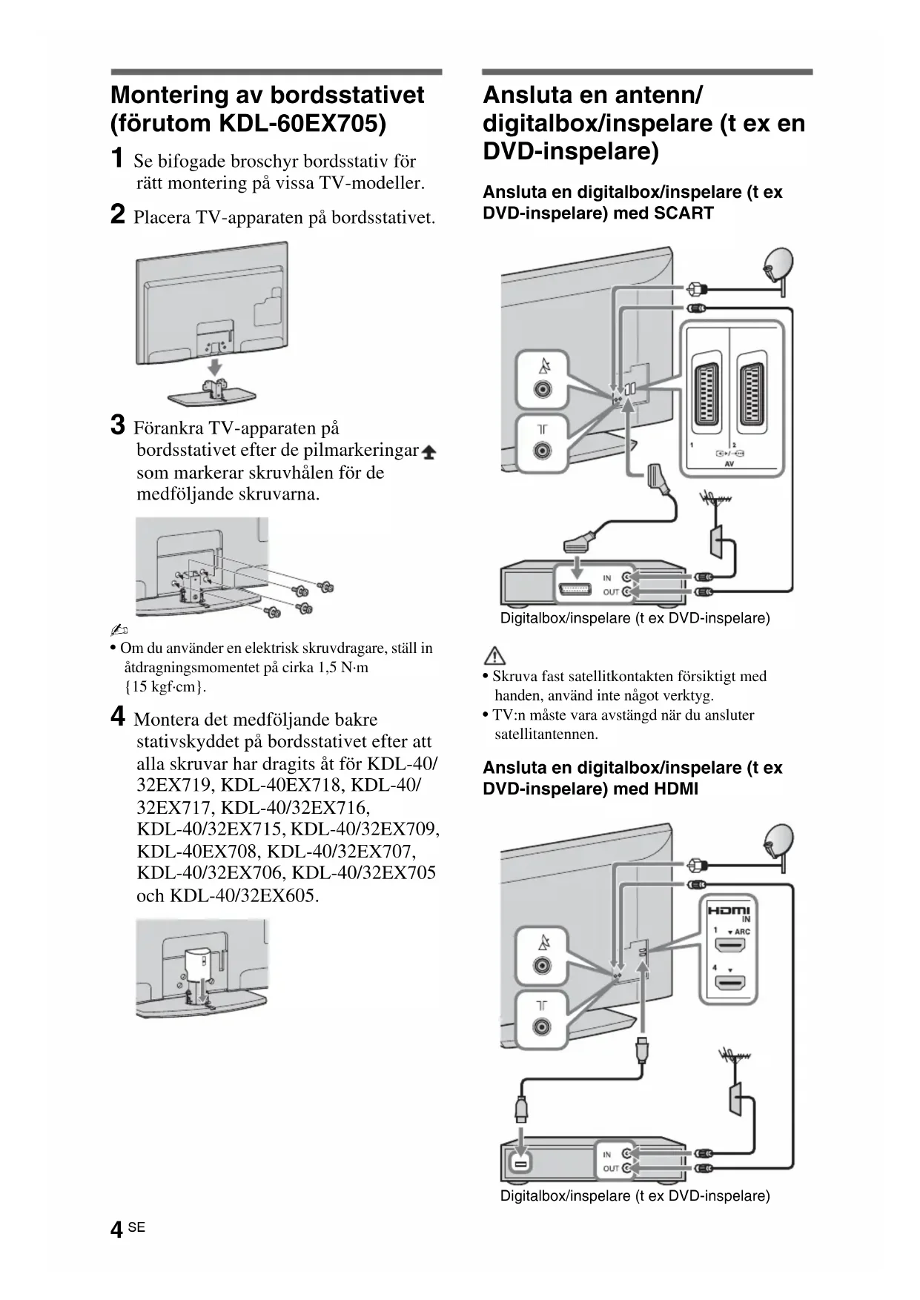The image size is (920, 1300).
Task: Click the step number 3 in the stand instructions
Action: click(x=117, y=426)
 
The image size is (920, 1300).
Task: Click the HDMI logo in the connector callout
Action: click(x=728, y=911)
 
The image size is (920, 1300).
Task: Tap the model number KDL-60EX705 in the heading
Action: click(x=302, y=123)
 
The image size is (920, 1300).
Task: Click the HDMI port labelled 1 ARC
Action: click(x=729, y=946)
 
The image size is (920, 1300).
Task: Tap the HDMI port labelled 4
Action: click(x=729, y=984)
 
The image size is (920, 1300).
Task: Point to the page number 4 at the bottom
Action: click(x=116, y=1230)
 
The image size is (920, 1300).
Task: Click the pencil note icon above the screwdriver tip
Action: click(x=119, y=631)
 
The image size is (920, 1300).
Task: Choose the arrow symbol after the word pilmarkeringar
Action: click(x=428, y=451)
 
